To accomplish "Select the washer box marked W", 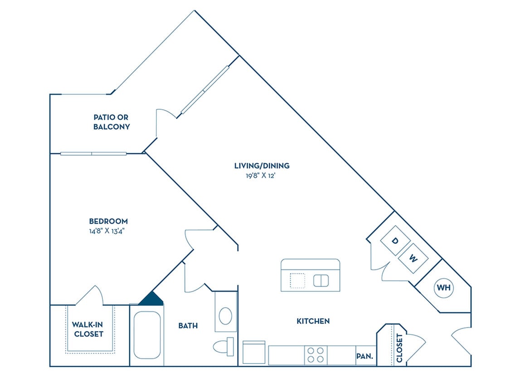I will (413, 259).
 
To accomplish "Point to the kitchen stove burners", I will (316, 355).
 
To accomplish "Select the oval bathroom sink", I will (225, 315).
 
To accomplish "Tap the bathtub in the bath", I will (147, 335).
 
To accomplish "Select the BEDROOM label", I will (108, 221).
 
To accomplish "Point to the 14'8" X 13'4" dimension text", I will (108, 231).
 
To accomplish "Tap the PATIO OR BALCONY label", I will (112, 122).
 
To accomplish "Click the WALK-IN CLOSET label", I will (87, 329).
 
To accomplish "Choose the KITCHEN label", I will (313, 321).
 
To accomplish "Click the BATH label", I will (188, 326).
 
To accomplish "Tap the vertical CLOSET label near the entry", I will (399, 348).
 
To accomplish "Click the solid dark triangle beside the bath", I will (152, 299).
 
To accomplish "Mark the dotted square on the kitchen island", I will (297, 281).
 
